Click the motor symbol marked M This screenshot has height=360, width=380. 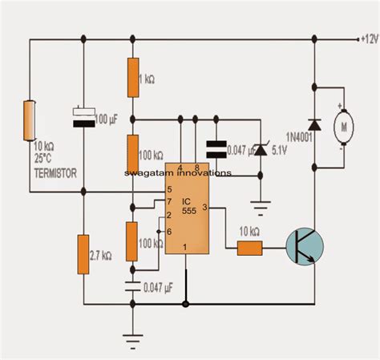coord(341,126)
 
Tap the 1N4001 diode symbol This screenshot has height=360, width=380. coord(313,125)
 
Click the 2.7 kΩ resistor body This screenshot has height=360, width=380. coord(84,253)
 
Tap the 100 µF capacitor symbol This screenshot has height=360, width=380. coord(83,118)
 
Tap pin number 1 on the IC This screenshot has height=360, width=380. coord(187,246)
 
